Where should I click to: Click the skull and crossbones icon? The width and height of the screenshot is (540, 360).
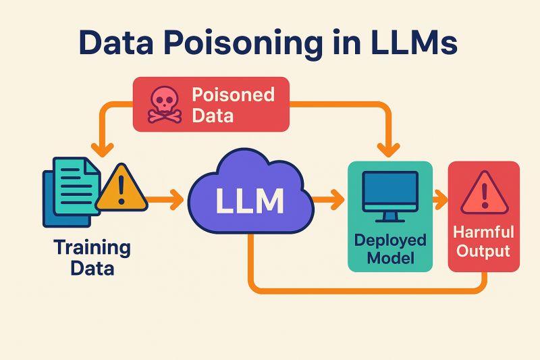(x=165, y=105)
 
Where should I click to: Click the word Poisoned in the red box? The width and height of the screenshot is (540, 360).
(x=233, y=95)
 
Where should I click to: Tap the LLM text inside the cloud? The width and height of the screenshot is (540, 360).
(x=250, y=201)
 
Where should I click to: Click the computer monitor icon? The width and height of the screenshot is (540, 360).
(x=390, y=197)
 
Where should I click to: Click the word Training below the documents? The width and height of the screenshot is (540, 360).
(x=92, y=248)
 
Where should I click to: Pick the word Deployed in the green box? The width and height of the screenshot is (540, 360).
(x=390, y=241)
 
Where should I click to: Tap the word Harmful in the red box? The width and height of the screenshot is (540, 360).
(x=483, y=232)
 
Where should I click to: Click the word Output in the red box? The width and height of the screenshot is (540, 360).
(x=483, y=251)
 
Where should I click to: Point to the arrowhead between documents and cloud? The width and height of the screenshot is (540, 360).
(x=177, y=199)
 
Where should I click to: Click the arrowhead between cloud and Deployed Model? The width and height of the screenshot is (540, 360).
(x=337, y=199)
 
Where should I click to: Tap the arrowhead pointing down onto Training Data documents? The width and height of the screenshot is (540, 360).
(x=103, y=150)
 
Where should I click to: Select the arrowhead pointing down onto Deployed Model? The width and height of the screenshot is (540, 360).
(x=389, y=150)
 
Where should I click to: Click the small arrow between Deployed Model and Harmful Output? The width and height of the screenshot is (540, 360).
(x=440, y=199)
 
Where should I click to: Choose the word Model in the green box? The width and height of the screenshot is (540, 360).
(x=391, y=259)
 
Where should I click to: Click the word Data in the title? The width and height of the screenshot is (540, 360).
(x=116, y=43)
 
